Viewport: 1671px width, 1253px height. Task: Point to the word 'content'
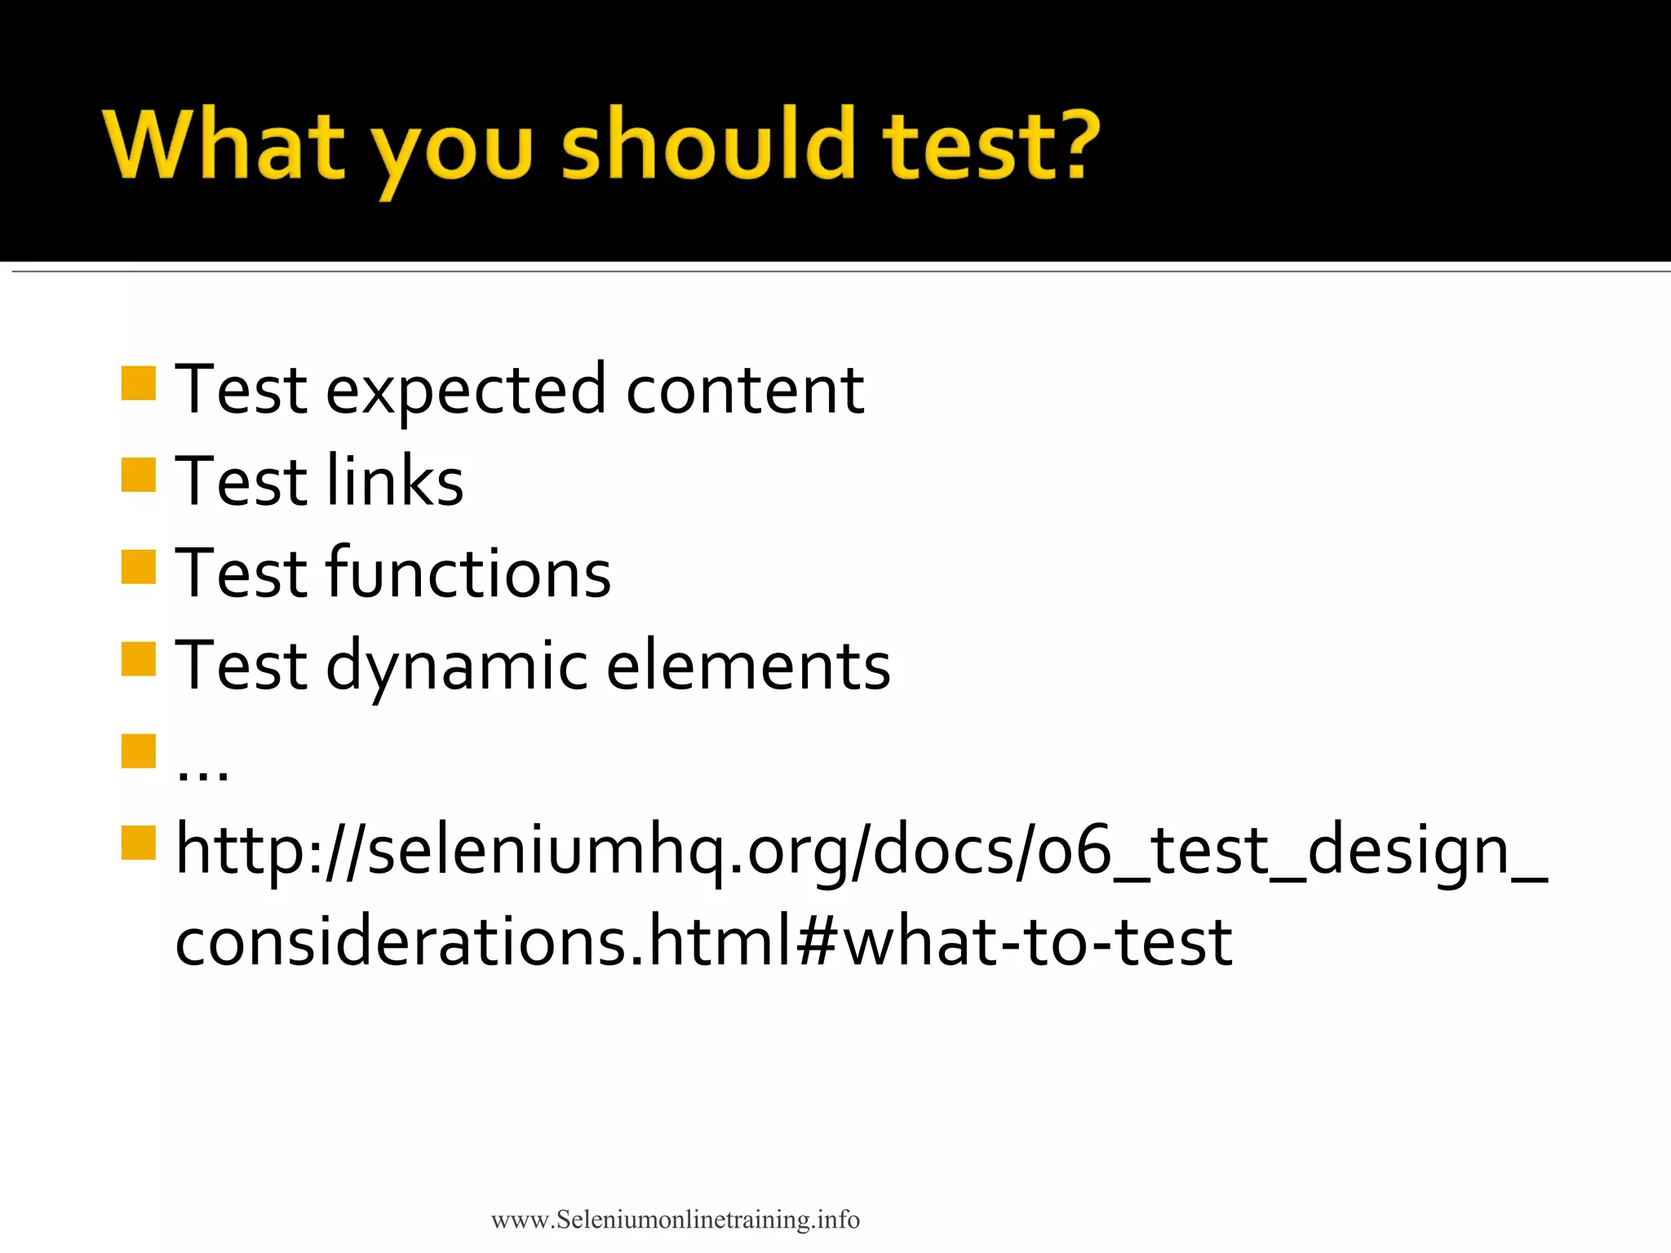[x=744, y=390]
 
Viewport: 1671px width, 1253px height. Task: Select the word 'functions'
[x=468, y=573]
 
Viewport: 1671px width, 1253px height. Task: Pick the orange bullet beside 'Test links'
[x=138, y=475]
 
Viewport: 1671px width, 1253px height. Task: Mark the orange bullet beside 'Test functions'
[x=138, y=567]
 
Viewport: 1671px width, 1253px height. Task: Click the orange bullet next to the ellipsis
[x=138, y=751]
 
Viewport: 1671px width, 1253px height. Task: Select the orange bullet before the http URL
[x=138, y=843]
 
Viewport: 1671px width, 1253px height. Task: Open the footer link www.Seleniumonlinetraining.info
[x=675, y=1220]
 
